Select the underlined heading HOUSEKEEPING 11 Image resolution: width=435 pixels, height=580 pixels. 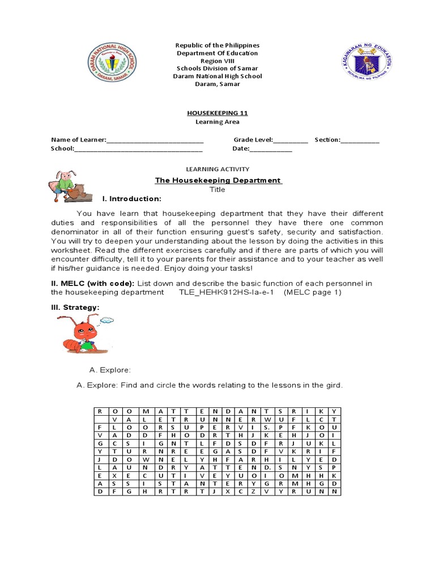[217, 113]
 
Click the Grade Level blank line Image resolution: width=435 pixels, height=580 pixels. [291, 140]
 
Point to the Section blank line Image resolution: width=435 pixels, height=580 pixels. [360, 140]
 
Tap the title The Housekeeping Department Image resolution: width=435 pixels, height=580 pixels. [218, 180]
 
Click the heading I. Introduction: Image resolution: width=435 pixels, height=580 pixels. [131, 199]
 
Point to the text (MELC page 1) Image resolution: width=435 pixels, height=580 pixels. [313, 292]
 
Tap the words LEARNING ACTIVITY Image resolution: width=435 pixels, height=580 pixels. [217, 169]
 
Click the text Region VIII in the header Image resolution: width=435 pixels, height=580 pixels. [217, 61]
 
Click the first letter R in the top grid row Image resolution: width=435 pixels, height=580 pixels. [100, 411]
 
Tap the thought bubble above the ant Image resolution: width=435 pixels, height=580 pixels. [106, 321]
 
